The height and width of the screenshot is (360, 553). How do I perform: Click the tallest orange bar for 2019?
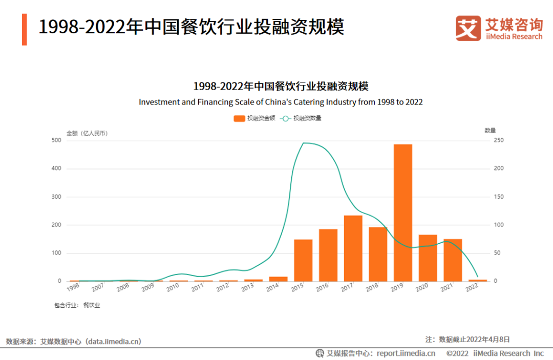point(402,213)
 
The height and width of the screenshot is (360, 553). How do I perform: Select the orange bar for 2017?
point(353,248)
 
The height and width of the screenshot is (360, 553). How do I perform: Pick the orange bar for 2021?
point(453,260)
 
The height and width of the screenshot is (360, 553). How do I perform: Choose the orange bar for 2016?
point(328,255)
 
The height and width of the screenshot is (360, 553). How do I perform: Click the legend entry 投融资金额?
point(254,118)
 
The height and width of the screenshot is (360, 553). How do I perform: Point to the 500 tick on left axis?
point(56,140)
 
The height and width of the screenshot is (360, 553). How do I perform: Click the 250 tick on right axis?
point(498,140)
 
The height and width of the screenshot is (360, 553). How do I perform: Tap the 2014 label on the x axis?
point(272,288)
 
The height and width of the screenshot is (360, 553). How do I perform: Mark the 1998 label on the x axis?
point(73,288)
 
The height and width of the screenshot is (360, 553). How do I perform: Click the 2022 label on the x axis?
point(472,288)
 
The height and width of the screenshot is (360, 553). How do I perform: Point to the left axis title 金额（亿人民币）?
point(87,133)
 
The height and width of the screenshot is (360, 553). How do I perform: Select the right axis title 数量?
point(490,131)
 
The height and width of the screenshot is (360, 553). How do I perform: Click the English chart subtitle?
point(281,102)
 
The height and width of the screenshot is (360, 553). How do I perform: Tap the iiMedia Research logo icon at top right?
point(468,28)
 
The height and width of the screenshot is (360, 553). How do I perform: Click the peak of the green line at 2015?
point(304,143)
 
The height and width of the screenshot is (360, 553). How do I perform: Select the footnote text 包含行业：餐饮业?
point(77,305)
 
